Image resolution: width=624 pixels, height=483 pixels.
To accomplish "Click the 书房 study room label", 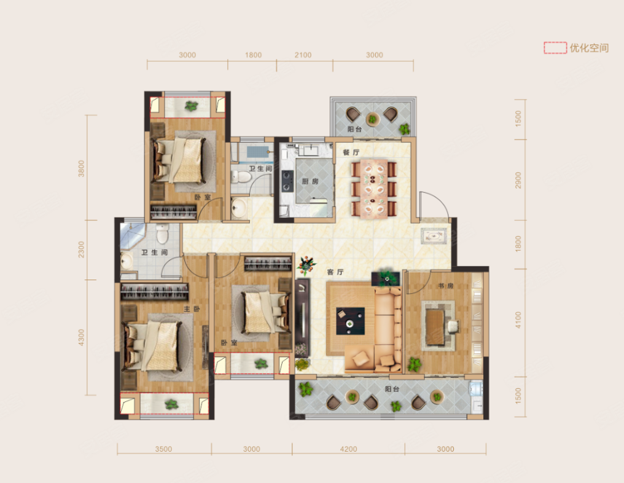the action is (446, 286).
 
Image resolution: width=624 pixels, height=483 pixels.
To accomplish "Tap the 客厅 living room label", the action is (335, 272).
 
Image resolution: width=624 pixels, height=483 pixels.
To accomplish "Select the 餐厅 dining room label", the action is (351, 152).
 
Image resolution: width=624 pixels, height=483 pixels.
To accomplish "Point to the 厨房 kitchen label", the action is (310, 181).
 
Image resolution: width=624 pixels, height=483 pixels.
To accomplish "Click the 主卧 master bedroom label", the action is (192, 309).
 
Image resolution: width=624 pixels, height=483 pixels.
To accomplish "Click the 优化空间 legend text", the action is (589, 48).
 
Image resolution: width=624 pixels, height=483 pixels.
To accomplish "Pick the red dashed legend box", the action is (555, 48).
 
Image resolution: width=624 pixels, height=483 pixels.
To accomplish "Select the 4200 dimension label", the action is (348, 449).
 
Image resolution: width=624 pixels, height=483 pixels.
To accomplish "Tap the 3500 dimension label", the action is (163, 449).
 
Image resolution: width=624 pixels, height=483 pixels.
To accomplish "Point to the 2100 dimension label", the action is (303, 55).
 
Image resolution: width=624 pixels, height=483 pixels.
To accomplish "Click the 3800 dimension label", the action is (82, 168).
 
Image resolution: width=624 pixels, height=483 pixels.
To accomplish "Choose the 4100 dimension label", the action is (518, 320).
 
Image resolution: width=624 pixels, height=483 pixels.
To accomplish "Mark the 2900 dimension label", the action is (518, 181).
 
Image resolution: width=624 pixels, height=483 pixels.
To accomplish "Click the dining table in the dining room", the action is (374, 188).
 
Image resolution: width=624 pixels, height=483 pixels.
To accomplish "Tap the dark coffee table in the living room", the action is (350, 321).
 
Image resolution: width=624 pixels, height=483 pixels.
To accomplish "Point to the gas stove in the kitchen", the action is (287, 181).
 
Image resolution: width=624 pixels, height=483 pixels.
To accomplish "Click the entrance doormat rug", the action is (434, 237).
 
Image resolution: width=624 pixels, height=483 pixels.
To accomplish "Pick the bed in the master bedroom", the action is (152, 346).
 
